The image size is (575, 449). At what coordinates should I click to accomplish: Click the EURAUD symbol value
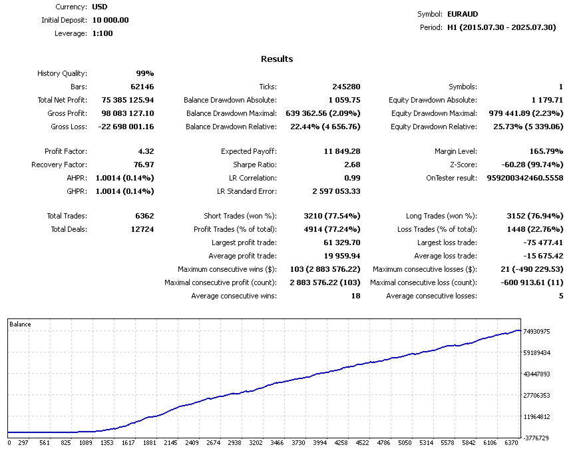coord(463,14)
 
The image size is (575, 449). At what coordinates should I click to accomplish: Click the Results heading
coord(277,59)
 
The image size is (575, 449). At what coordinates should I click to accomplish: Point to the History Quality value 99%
coord(145,73)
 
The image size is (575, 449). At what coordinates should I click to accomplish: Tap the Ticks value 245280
coord(346,87)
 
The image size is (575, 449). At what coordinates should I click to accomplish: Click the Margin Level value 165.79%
coord(546,151)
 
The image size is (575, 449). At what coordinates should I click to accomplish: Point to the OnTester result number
coord(525,178)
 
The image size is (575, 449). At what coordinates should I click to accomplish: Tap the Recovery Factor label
coord(59,165)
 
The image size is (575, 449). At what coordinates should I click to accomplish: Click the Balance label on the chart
coord(20,324)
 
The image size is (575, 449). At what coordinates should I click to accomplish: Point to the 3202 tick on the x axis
coord(256,442)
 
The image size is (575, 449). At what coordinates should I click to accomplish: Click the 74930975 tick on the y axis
coord(536,332)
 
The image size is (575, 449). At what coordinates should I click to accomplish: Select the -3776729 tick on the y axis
coord(536,438)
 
